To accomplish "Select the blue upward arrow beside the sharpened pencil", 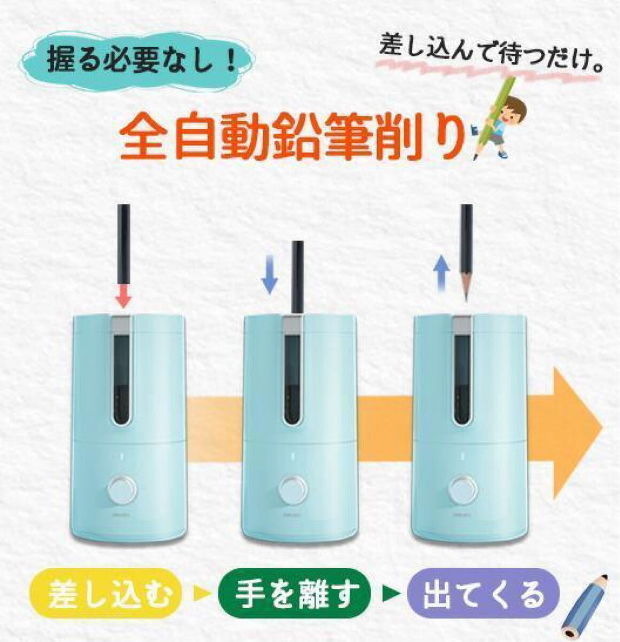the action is (441, 274).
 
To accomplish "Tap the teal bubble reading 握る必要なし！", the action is (139, 62).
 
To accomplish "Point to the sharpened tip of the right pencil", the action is (465, 300).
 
